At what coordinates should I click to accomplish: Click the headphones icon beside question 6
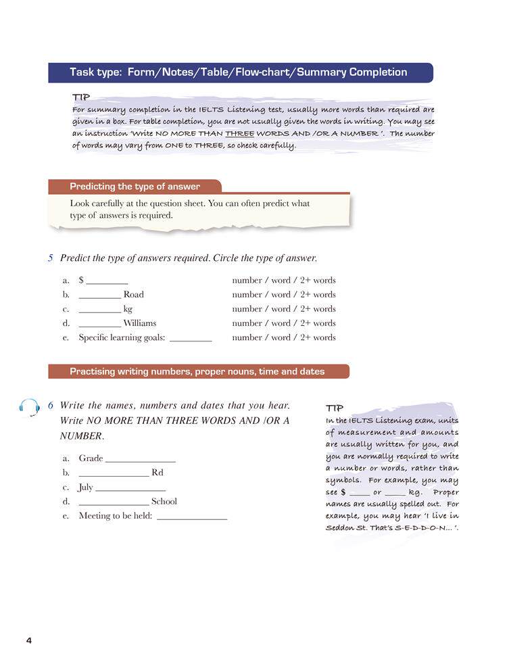(x=29, y=407)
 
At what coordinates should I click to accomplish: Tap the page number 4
(x=28, y=640)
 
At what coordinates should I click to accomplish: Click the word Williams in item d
(x=139, y=323)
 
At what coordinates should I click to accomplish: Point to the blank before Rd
(x=114, y=473)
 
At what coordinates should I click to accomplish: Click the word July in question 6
(x=86, y=487)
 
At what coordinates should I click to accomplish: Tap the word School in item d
(x=164, y=501)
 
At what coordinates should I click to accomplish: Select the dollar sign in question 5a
(x=81, y=280)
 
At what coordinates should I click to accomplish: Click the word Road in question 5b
(x=134, y=294)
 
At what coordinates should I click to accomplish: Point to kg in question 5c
(x=128, y=309)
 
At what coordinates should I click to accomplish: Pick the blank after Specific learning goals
(x=191, y=338)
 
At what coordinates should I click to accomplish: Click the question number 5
(x=51, y=258)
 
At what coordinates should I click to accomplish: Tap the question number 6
(x=51, y=405)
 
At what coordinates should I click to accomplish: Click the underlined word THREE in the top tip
(x=239, y=133)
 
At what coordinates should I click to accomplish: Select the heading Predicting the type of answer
(x=135, y=186)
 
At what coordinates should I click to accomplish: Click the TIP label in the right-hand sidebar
(x=335, y=408)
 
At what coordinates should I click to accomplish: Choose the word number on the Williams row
(x=247, y=323)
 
